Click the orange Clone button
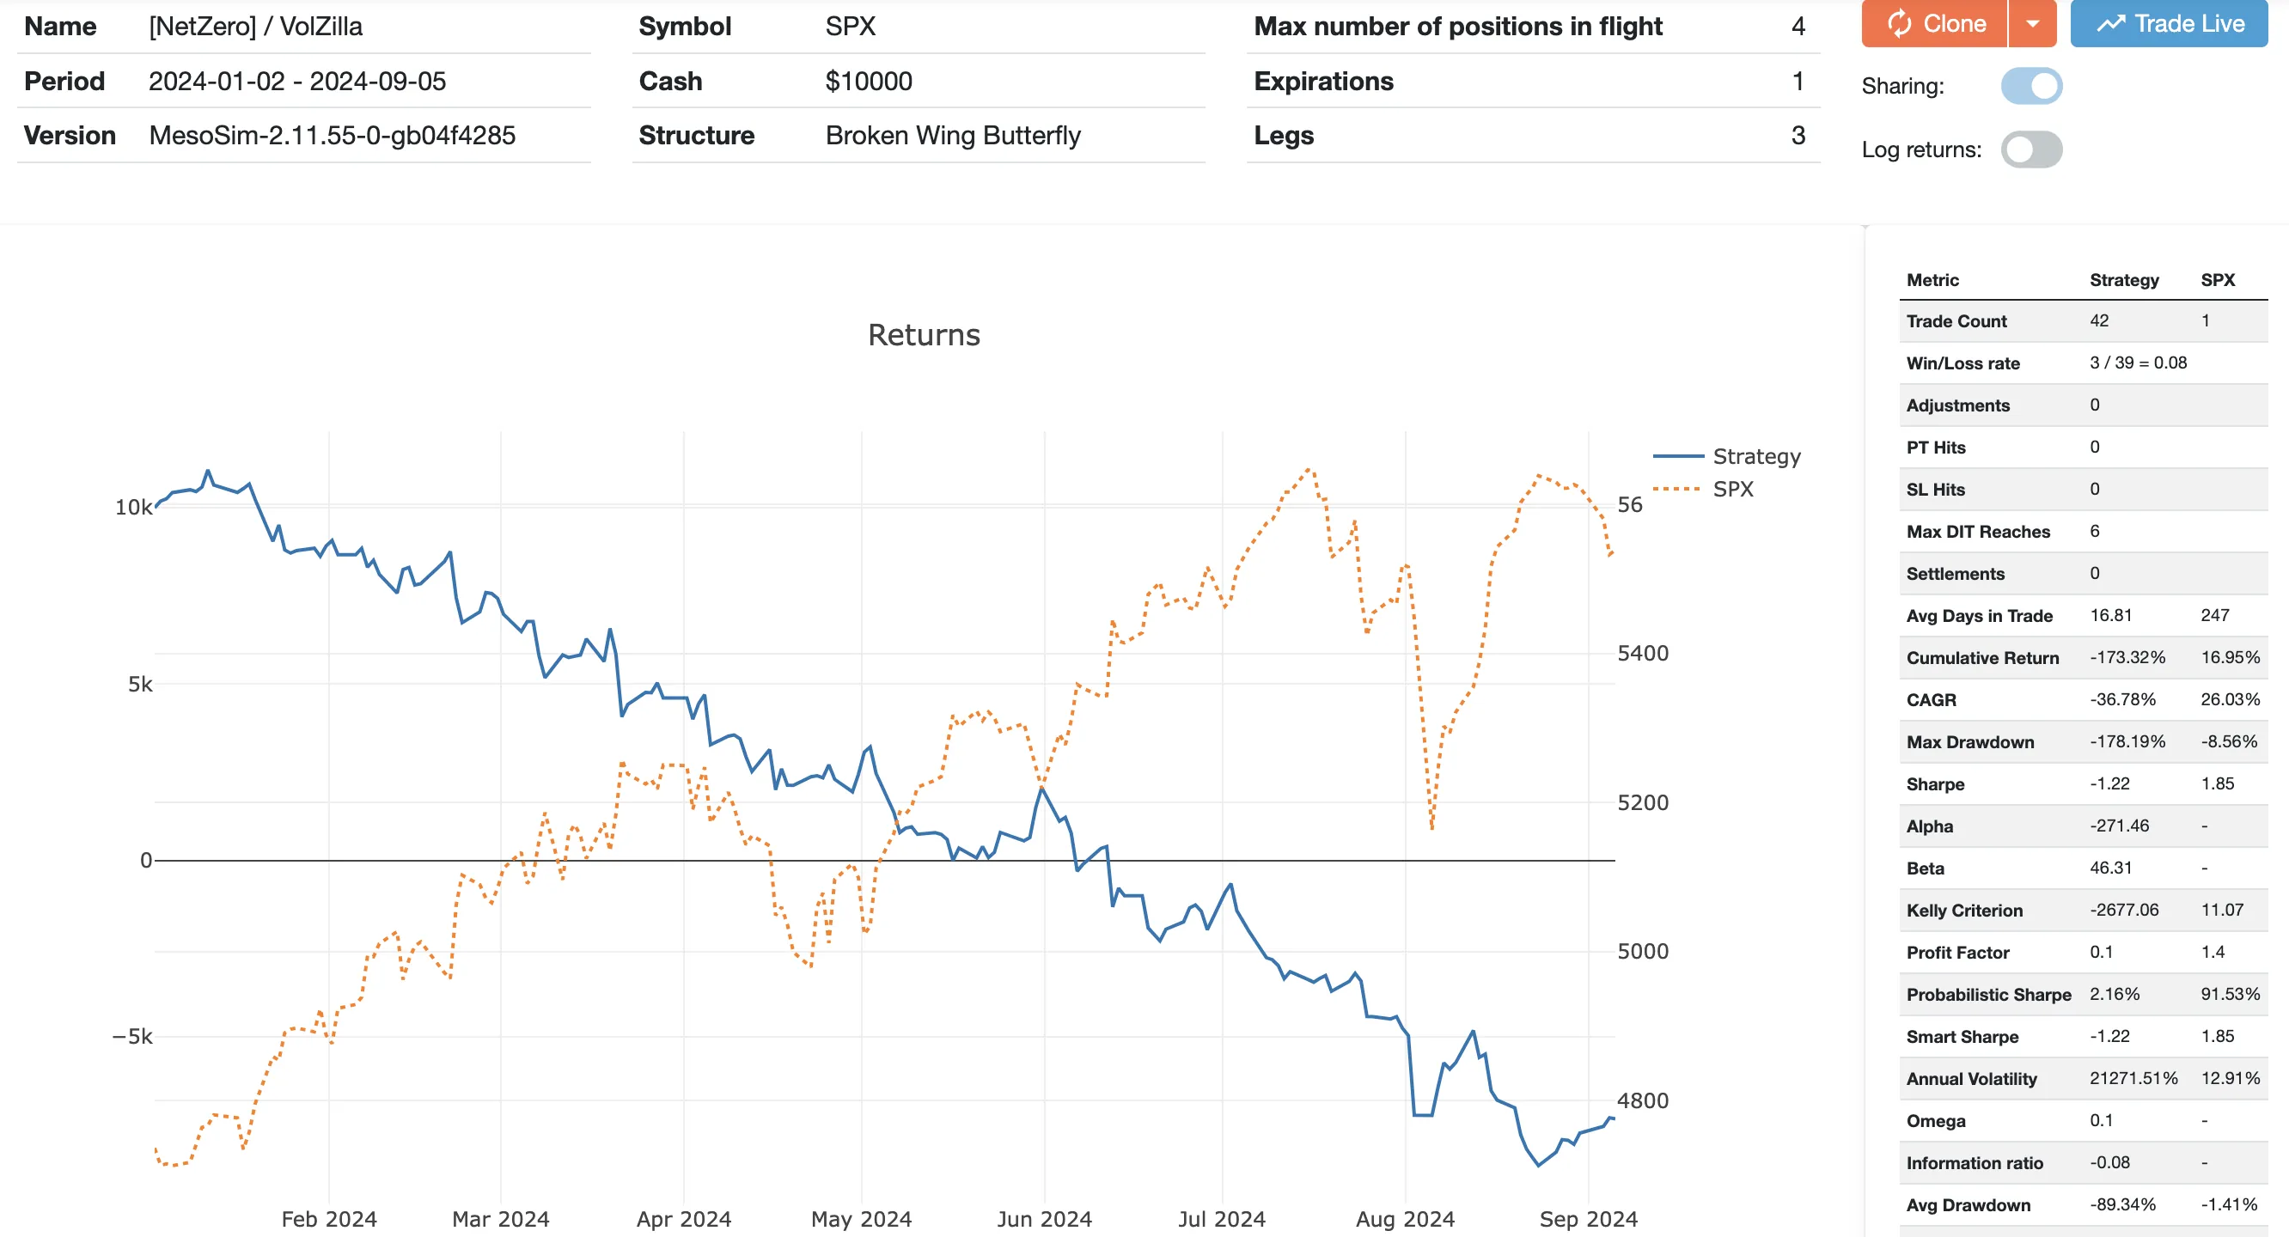1934,24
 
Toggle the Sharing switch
2031,86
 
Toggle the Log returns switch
2031,149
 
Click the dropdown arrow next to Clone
2032,24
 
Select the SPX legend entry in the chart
1733,489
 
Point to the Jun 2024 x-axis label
1044,1218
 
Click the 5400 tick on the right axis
1642,653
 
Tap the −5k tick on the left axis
132,1036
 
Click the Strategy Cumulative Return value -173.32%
2127,658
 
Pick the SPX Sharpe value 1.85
2217,783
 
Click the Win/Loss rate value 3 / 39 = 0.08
2138,363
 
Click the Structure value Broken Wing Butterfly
953,135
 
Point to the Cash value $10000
868,81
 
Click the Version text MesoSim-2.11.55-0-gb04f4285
333,135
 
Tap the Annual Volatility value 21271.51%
2133,1078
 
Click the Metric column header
1932,280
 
